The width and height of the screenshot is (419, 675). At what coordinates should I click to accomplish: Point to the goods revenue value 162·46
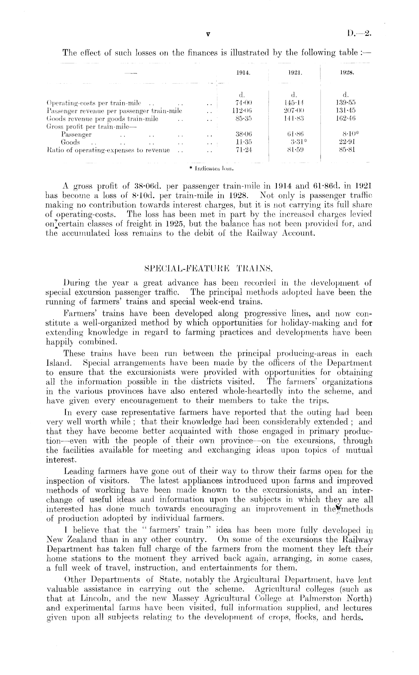coord(346,119)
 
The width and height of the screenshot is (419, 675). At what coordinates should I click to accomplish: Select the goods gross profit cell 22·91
coord(346,142)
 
